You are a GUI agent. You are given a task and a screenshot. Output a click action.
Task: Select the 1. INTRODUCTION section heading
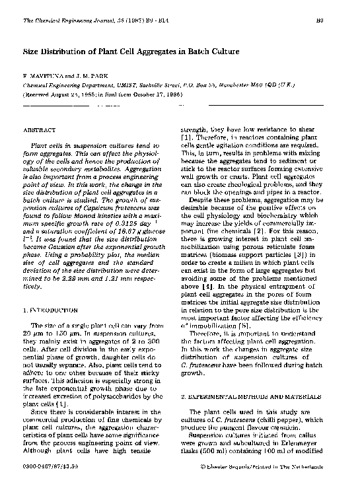click(x=51, y=308)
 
